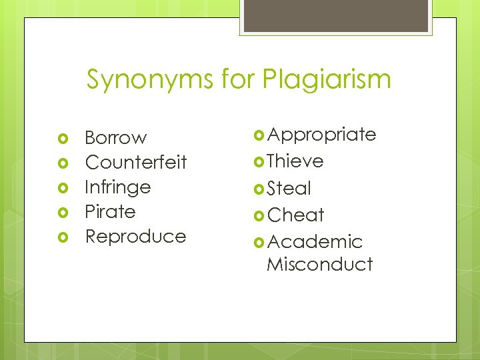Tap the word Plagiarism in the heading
pyautogui.click(x=327, y=80)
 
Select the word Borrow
pyautogui.click(x=115, y=138)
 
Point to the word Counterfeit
pyautogui.click(x=136, y=163)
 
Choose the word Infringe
pyautogui.click(x=117, y=187)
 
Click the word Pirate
pyautogui.click(x=110, y=212)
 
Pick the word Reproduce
pyautogui.click(x=135, y=237)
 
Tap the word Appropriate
pyautogui.click(x=321, y=135)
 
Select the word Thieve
pyautogui.click(x=295, y=161)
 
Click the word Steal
pyautogui.click(x=289, y=189)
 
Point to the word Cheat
pyautogui.click(x=295, y=215)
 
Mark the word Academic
pyautogui.click(x=315, y=241)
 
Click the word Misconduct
pyautogui.click(x=319, y=264)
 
